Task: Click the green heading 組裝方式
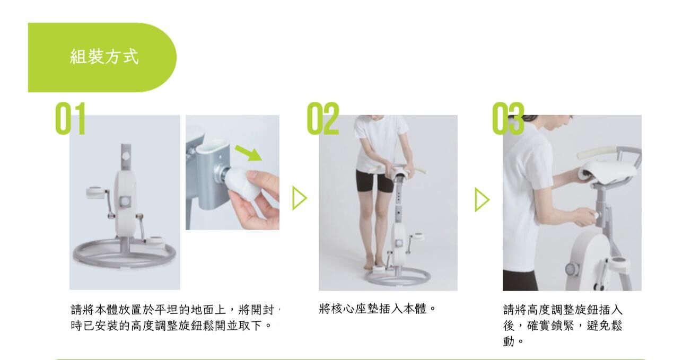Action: pyautogui.click(x=104, y=57)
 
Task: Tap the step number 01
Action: pyautogui.click(x=71, y=118)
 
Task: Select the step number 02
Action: pyautogui.click(x=323, y=118)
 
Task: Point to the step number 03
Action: pyautogui.click(x=508, y=118)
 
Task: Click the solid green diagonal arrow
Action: pyautogui.click(x=248, y=153)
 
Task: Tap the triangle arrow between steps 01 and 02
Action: pyautogui.click(x=300, y=198)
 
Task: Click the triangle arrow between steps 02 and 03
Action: pyautogui.click(x=482, y=199)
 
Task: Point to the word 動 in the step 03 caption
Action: pyautogui.click(x=509, y=341)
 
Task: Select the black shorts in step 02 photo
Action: pyautogui.click(x=374, y=180)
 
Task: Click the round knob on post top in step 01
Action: pyautogui.click(x=126, y=156)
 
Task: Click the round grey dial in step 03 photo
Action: pyautogui.click(x=572, y=269)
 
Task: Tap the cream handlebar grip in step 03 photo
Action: pyautogui.click(x=596, y=153)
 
